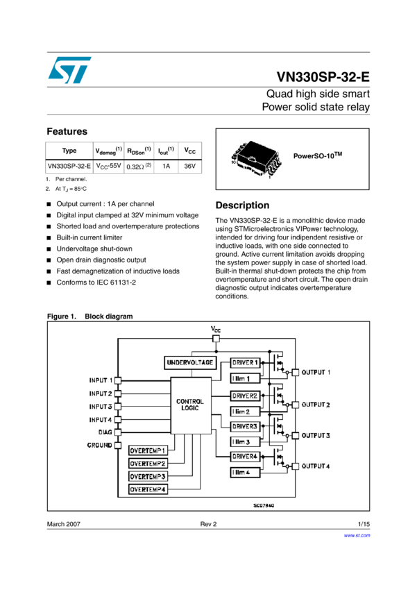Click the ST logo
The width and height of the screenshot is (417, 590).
click(x=69, y=70)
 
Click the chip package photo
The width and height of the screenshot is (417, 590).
click(x=255, y=159)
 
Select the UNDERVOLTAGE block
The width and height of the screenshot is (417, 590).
click(x=189, y=362)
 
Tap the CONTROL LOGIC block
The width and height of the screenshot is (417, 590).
click(x=190, y=405)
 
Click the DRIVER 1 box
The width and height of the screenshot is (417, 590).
click(x=246, y=362)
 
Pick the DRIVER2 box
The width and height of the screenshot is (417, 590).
click(x=246, y=395)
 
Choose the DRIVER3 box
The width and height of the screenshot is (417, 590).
click(x=246, y=425)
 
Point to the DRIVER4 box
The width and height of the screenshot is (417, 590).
click(x=246, y=456)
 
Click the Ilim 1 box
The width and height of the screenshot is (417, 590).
click(x=246, y=378)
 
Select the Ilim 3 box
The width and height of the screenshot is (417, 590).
click(x=246, y=441)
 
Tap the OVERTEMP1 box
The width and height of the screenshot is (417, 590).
click(x=148, y=450)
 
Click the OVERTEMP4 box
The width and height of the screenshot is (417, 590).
click(x=148, y=490)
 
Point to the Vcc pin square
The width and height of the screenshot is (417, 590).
click(x=214, y=339)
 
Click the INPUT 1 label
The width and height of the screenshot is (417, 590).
click(x=101, y=380)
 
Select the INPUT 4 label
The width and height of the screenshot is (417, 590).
click(x=101, y=419)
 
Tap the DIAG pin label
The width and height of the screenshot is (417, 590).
click(x=105, y=432)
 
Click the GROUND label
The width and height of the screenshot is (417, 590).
click(x=99, y=445)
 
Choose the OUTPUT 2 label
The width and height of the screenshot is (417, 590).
click(x=316, y=404)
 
